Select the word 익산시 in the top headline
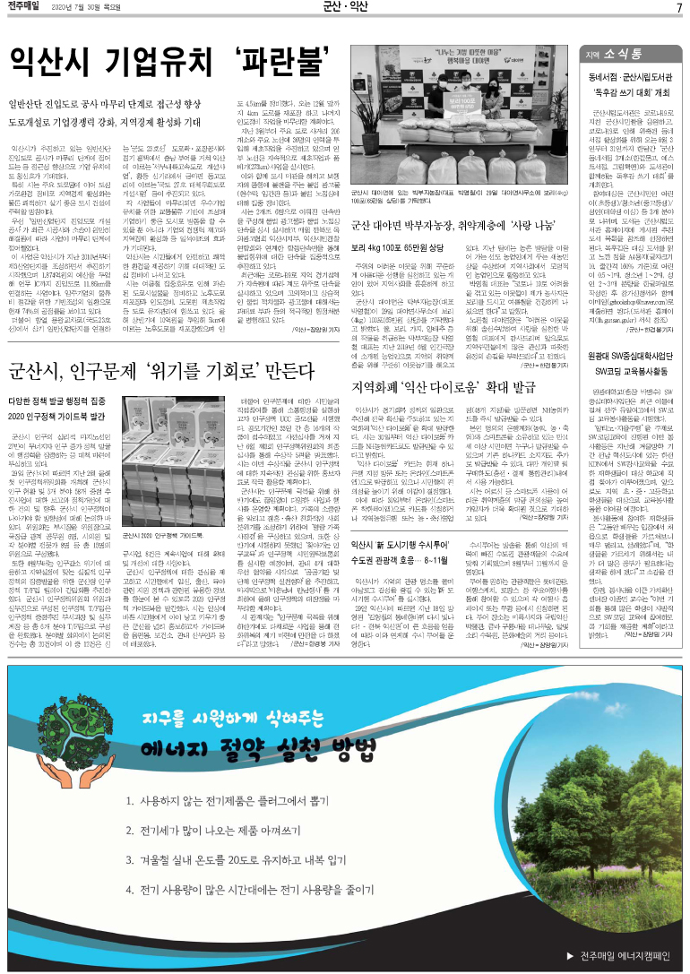[x=54, y=62]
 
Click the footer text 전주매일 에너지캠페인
[x=622, y=953]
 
